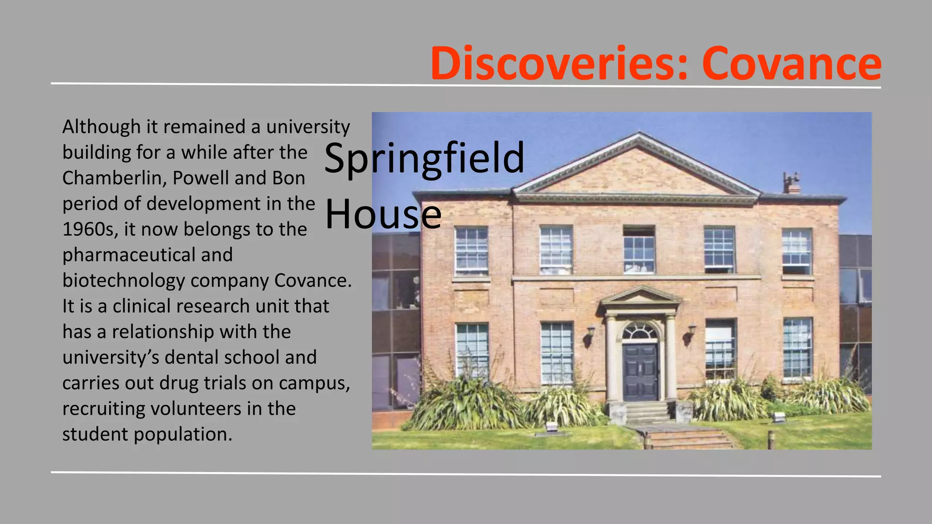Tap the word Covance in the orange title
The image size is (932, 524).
pos(791,64)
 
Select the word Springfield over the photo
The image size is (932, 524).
pos(424,159)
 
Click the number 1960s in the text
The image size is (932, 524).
pos(90,229)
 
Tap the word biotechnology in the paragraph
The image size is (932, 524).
pos(123,281)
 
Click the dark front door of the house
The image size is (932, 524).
pos(640,372)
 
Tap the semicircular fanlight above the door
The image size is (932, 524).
pos(640,331)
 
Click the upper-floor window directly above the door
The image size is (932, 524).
pos(639,250)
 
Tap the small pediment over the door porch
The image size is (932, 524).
pos(640,297)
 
